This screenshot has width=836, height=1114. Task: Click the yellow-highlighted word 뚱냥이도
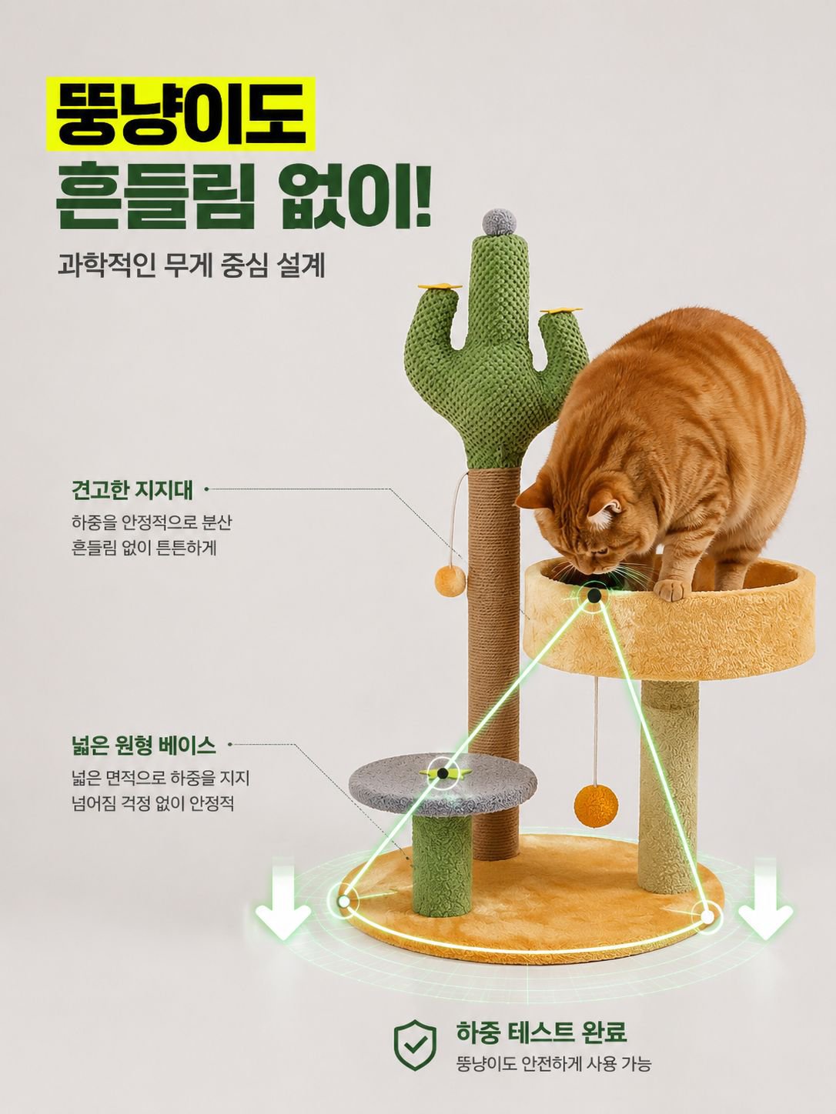pyautogui.click(x=181, y=114)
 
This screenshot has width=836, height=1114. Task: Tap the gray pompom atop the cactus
pyautogui.click(x=500, y=221)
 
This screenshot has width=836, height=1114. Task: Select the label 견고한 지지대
pyautogui.click(x=132, y=491)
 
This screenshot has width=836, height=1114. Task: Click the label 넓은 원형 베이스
pyautogui.click(x=143, y=746)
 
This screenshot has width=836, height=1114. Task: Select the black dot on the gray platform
pyautogui.click(x=443, y=773)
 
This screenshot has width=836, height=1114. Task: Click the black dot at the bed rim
pyautogui.click(x=594, y=595)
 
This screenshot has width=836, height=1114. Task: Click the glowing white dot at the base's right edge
pyautogui.click(x=707, y=916)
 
